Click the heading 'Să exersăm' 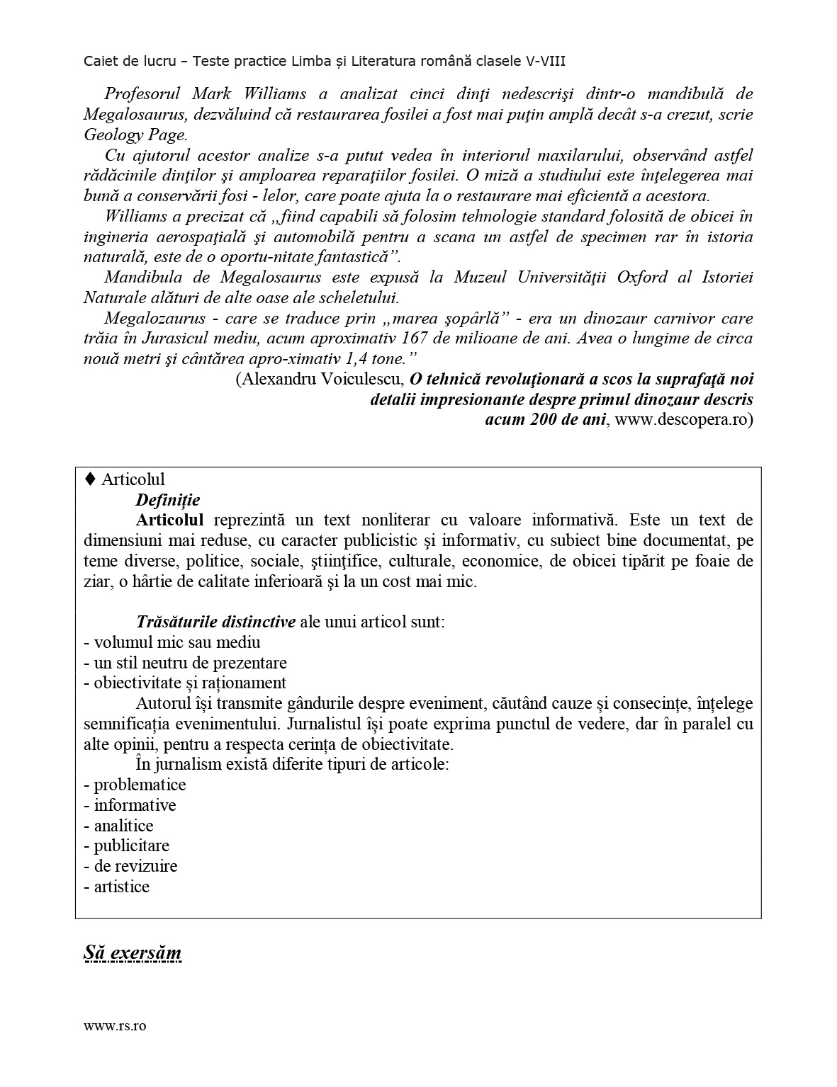point(133,952)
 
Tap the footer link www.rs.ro point(115,1026)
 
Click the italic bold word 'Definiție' point(168,500)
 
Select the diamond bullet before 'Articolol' point(90,479)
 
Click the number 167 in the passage point(414,338)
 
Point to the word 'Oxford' point(642,277)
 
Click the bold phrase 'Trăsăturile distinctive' point(216,622)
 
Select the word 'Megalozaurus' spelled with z point(155,318)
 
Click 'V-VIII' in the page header point(545,62)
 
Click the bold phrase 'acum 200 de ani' point(546,419)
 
